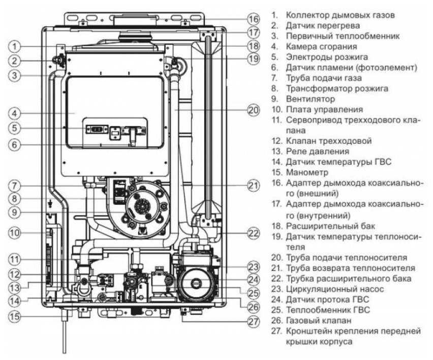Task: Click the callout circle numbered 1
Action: point(16,46)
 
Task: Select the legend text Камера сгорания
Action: point(317,46)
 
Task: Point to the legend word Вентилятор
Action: point(311,99)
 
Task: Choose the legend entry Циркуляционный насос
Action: point(334,289)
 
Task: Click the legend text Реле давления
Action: point(317,152)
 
